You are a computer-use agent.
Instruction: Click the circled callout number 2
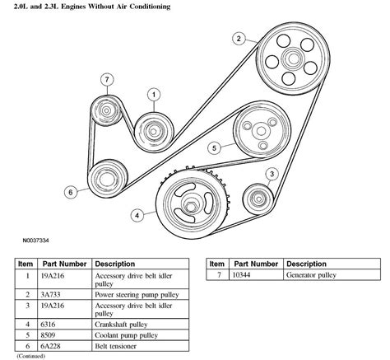tap(238, 39)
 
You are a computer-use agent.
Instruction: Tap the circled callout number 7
tap(105, 79)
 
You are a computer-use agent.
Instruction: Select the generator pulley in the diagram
tap(107, 110)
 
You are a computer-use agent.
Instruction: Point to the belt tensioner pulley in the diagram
tap(104, 179)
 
